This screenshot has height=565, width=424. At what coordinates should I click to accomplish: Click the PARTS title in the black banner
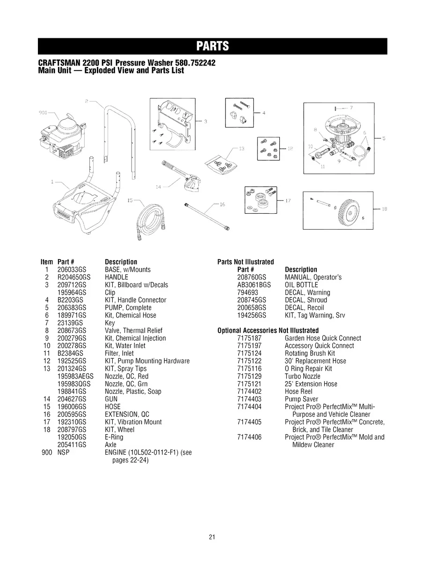212,46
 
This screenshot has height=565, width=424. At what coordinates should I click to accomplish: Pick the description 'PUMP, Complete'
128,308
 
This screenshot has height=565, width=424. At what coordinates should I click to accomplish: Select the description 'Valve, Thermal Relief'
133,331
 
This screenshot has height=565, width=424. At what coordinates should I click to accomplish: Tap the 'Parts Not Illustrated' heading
246,262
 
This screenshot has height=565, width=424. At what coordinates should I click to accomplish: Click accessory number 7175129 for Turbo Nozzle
249,376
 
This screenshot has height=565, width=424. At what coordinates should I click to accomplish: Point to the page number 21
212,537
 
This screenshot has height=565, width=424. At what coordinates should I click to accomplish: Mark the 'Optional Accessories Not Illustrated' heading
268,331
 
